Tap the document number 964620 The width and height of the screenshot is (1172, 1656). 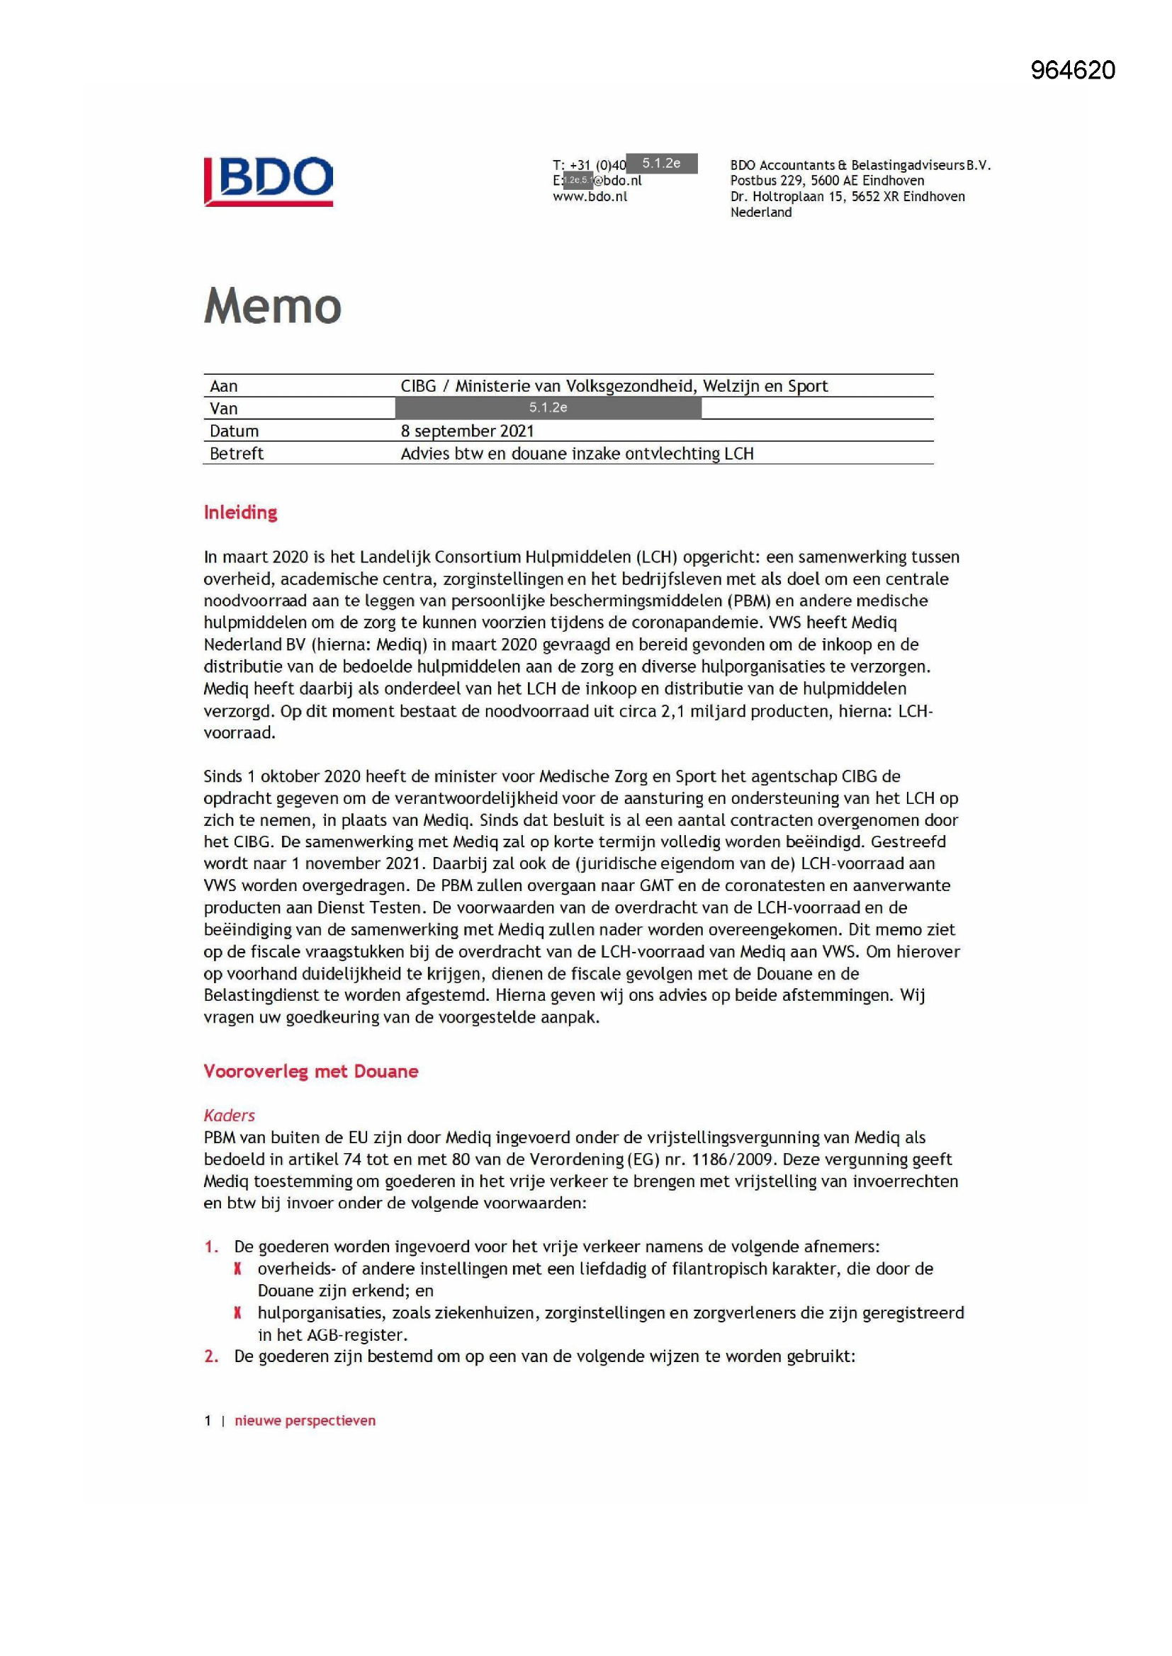pos(1072,70)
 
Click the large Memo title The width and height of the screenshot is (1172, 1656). pos(272,306)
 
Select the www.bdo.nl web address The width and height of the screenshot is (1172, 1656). pos(590,196)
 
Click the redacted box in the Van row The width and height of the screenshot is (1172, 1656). pos(548,407)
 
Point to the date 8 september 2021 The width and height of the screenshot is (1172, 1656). pos(467,431)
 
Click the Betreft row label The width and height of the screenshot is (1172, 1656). pos(236,454)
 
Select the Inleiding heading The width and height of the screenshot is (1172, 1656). pos(240,512)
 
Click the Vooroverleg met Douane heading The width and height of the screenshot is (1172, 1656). pos(310,1071)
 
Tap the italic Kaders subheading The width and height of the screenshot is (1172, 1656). pos(229,1115)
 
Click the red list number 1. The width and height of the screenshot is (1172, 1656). pos(210,1247)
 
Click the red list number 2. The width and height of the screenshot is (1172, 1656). pos(210,1356)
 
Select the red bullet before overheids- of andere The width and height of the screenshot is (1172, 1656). pos(237,1269)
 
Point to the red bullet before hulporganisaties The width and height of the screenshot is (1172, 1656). pos(237,1312)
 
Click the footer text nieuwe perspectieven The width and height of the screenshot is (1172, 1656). pos(305,1420)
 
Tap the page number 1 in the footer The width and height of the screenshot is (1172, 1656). pos(208,1420)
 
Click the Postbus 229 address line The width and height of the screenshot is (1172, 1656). pos(826,181)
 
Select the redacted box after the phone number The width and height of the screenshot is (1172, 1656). pos(661,164)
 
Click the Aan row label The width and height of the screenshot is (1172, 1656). pos(224,386)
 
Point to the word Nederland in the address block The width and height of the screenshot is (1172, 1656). pos(760,212)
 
